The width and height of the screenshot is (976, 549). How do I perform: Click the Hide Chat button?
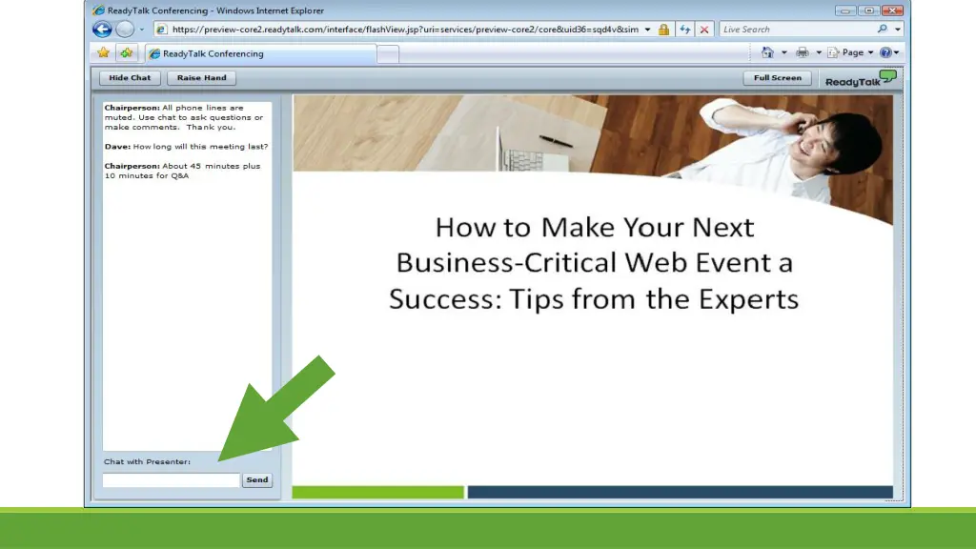pos(130,78)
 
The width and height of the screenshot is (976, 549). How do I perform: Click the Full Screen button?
pos(777,78)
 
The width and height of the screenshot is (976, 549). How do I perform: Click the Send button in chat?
pos(257,480)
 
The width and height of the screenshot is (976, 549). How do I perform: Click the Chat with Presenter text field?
pos(171,480)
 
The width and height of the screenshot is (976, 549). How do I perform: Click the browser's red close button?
pos(892,10)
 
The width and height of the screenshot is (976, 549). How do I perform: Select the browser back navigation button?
pos(102,30)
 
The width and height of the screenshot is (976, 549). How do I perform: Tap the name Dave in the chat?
pos(117,147)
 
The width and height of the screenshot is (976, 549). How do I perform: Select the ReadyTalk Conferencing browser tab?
pos(213,54)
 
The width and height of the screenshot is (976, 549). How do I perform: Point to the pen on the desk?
pos(554,141)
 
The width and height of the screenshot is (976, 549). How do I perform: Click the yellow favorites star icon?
pos(103,53)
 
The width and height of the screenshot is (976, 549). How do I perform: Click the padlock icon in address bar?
pos(663,30)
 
